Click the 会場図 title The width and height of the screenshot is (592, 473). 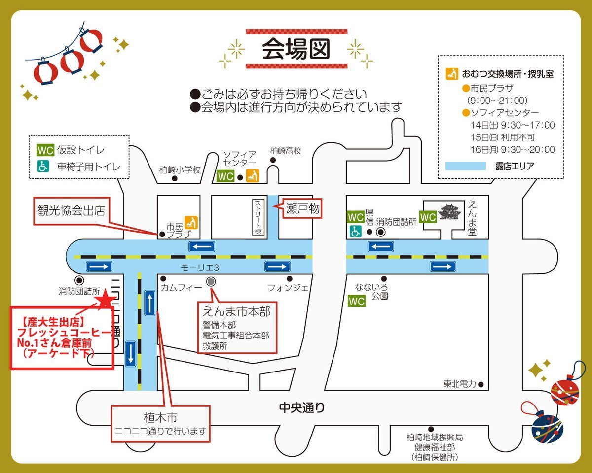click(x=296, y=49)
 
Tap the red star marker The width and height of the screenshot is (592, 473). click(x=106, y=299)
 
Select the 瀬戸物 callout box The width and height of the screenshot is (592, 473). click(x=302, y=208)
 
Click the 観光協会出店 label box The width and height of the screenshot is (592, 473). click(x=72, y=211)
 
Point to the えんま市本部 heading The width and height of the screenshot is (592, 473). click(x=237, y=312)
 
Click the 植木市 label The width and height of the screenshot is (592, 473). click(x=160, y=418)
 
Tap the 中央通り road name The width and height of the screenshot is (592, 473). click(x=302, y=407)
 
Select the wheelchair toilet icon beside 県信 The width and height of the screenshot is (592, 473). click(x=355, y=231)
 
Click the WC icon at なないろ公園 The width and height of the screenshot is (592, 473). click(x=357, y=301)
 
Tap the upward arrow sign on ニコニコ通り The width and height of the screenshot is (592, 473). click(x=149, y=303)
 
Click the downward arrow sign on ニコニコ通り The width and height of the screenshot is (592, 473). click(x=131, y=354)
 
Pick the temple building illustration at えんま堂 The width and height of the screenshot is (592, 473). click(x=448, y=212)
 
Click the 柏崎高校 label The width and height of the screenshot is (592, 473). click(x=286, y=151)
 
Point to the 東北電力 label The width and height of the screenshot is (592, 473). click(x=460, y=384)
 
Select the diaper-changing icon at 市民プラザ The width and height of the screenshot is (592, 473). click(x=191, y=222)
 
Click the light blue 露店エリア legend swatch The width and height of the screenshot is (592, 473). click(x=465, y=166)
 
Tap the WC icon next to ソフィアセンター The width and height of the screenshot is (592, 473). click(x=225, y=176)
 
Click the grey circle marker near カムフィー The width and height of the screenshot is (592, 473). click(x=211, y=281)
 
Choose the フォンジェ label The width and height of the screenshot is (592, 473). click(x=288, y=288)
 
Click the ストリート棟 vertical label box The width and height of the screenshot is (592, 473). click(x=259, y=217)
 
